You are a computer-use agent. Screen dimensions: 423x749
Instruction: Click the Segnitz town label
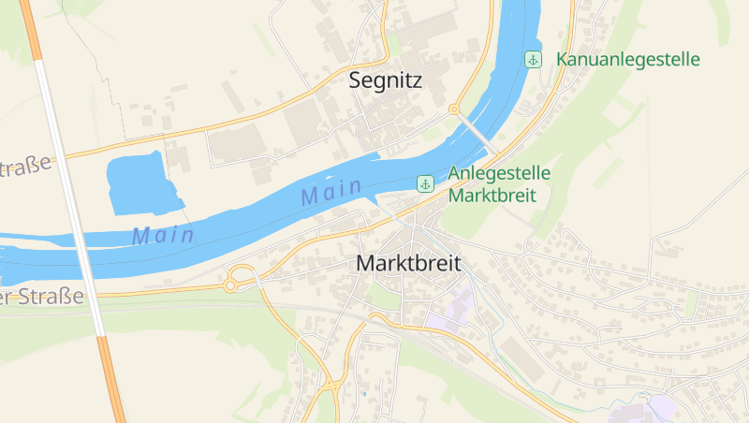[x=385, y=80]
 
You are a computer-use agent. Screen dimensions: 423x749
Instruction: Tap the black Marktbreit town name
[x=408, y=264]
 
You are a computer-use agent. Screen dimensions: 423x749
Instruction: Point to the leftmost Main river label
[x=163, y=235]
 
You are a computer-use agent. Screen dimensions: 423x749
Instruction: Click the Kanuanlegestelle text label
[x=627, y=60]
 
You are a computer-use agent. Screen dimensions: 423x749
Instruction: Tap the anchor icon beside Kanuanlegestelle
[x=533, y=60]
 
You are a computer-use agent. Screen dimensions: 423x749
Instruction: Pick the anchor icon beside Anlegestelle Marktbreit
[x=424, y=183]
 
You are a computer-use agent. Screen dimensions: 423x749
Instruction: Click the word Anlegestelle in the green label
[x=499, y=173]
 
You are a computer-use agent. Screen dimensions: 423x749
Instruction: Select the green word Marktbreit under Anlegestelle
[x=492, y=196]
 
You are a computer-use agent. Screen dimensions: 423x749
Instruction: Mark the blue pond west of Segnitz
[x=140, y=182]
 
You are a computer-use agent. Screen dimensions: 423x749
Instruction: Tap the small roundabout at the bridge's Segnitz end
[x=454, y=109]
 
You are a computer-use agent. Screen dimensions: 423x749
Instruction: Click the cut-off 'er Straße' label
[x=42, y=297]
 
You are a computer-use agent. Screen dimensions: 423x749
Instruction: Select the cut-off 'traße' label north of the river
[x=25, y=168]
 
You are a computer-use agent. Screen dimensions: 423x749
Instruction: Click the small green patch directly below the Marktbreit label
[x=383, y=297]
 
